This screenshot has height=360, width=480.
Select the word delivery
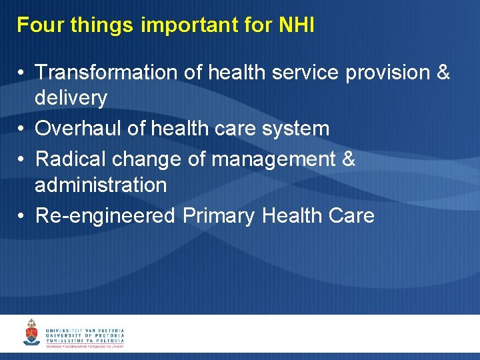[x=71, y=98]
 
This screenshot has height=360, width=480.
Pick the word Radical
[x=70, y=159]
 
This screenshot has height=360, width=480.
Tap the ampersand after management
[x=349, y=159]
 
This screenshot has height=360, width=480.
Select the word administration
[x=101, y=185]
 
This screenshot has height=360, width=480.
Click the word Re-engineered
[x=105, y=215]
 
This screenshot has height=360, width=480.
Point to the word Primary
[x=219, y=215]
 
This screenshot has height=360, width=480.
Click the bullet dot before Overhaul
[x=22, y=129]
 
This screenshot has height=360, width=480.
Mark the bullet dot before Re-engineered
[x=22, y=216]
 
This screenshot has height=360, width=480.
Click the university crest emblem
[x=31, y=333]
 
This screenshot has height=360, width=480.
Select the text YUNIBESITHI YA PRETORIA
[x=85, y=341]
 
